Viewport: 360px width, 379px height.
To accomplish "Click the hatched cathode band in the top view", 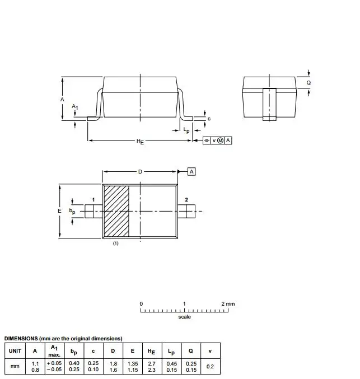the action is [x=116, y=211].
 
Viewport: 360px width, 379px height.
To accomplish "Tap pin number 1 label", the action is [x=93, y=200].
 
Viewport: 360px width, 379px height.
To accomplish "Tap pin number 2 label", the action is [x=186, y=200].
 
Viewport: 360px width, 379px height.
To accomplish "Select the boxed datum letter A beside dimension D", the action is [x=191, y=172].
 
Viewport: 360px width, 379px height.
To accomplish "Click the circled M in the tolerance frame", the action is [x=220, y=141].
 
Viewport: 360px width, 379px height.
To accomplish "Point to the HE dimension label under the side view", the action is [x=140, y=142].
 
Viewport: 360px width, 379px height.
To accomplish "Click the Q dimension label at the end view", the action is [x=308, y=83].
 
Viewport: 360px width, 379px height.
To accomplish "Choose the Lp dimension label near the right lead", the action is [x=186, y=130].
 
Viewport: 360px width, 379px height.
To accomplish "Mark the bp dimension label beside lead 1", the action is [x=72, y=211].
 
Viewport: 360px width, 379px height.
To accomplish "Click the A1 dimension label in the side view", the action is [x=74, y=106].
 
